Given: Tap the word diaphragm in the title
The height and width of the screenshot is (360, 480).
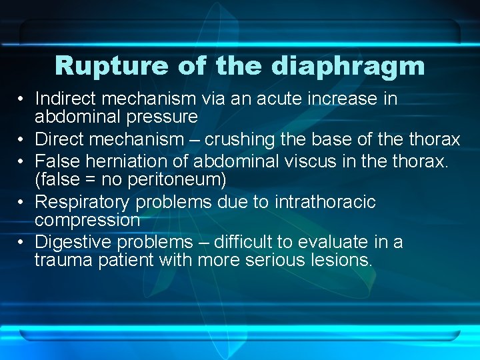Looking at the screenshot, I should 348,67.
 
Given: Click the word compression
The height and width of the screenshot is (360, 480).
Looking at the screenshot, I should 87,220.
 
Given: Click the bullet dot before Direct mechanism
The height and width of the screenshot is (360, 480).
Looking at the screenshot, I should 22,139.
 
